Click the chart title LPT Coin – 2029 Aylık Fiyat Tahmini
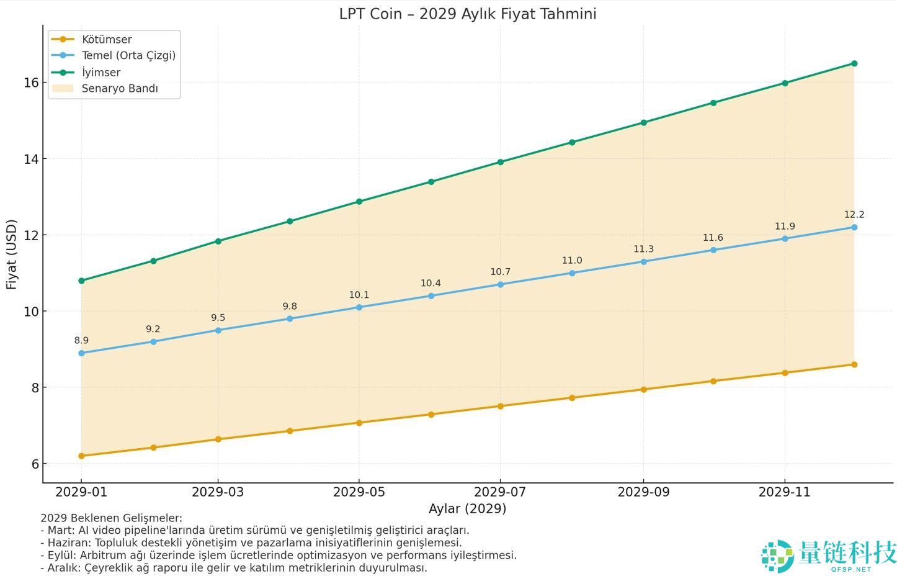point(467,14)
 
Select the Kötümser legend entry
point(106,39)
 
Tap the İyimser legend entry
point(100,72)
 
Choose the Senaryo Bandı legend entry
point(119,88)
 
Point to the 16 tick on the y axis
point(31,83)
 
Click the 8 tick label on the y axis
point(35,388)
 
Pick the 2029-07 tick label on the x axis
point(500,492)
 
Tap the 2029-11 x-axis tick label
point(785,492)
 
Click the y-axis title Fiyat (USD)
point(11,254)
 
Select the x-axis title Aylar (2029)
point(467,509)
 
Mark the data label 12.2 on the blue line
point(854,215)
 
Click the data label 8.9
point(81,341)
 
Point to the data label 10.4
point(431,284)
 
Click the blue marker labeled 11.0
point(572,273)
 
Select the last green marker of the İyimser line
point(854,63)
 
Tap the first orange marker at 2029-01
point(81,456)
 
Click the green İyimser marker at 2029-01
point(81,281)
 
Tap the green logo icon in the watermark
point(777,556)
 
